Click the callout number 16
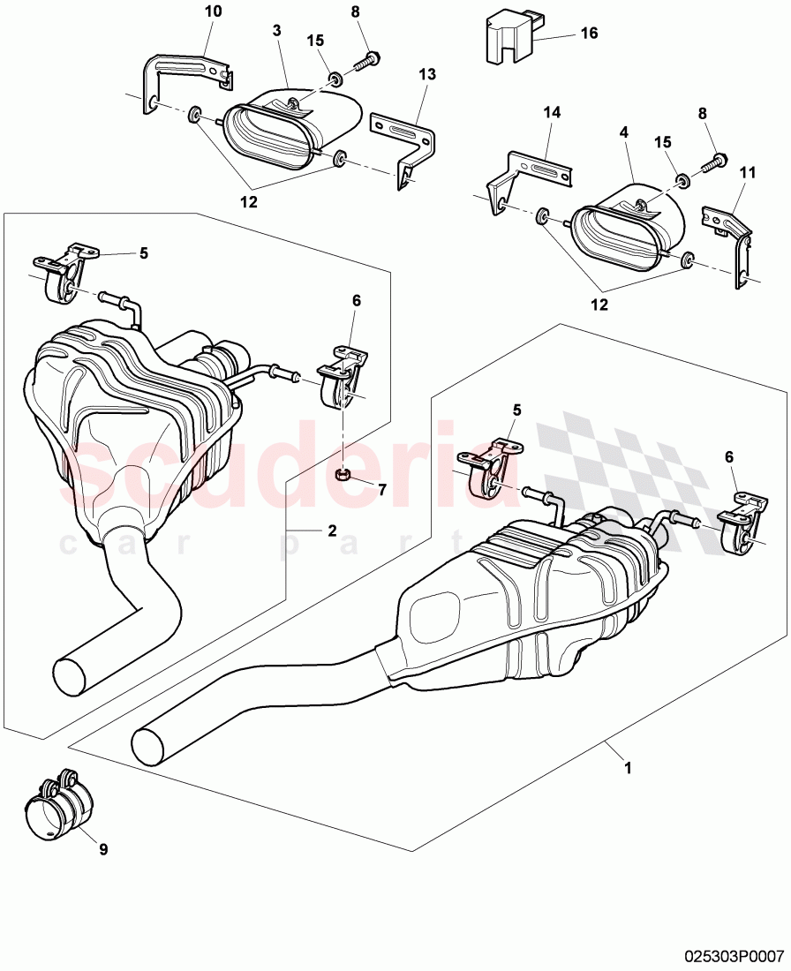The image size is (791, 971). tap(589, 34)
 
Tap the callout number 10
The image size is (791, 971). tap(214, 11)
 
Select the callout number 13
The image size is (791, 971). tap(427, 75)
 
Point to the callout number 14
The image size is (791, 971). tap(552, 112)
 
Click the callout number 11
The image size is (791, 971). tap(747, 175)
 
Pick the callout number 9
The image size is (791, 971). tap(103, 849)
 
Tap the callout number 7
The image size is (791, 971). tap(381, 489)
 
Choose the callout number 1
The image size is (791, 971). tap(628, 768)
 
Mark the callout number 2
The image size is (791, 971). tap(332, 530)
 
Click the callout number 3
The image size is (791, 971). tap(276, 31)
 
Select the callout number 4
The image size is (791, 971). tap(623, 132)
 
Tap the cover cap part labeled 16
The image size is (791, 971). tap(508, 39)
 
